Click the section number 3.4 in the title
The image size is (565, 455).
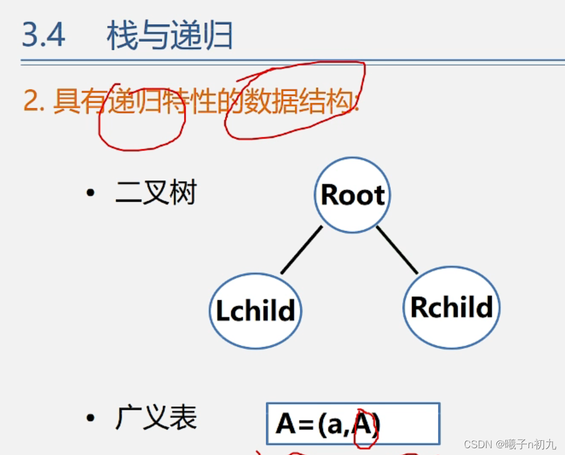coord(44,35)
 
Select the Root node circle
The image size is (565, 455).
coord(352,195)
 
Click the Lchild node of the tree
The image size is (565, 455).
coord(255,311)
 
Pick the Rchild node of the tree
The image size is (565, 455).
coord(451,308)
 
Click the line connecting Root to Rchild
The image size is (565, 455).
coord(397,249)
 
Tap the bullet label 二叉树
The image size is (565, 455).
coord(156,193)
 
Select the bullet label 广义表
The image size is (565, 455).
coord(156,419)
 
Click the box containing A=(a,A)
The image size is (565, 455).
coord(352,424)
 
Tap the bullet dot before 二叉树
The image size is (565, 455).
coord(90,193)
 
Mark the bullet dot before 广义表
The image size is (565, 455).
coord(90,419)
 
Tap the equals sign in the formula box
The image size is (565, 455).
coord(308,425)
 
